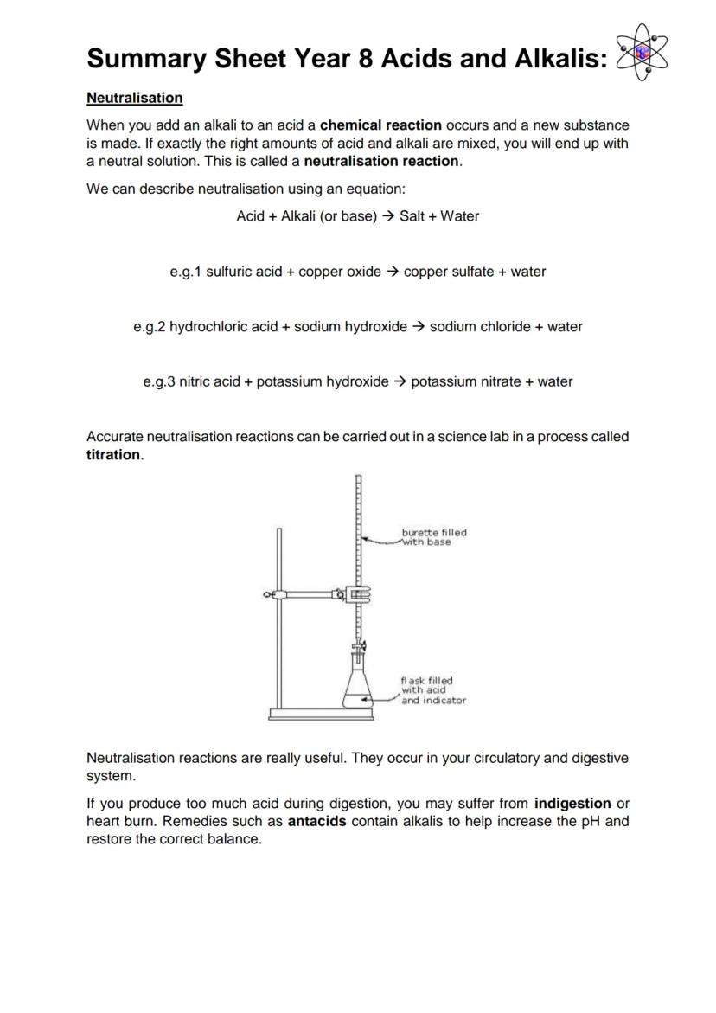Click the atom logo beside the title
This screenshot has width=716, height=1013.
(642, 53)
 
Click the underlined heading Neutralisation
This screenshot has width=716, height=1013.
(134, 98)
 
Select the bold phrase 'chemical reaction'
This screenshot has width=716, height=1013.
(380, 125)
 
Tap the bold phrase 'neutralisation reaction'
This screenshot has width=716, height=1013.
(382, 161)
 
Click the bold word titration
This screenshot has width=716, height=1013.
(113, 455)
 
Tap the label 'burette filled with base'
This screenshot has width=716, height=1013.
(433, 537)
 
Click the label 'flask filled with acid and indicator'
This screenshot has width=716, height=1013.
(432, 690)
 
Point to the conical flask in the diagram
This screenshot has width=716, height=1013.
(358, 688)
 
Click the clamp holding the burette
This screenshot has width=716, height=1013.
(356, 594)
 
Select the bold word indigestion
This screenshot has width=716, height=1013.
(572, 804)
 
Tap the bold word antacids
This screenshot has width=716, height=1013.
(316, 821)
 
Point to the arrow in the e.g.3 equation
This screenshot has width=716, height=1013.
(400, 381)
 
